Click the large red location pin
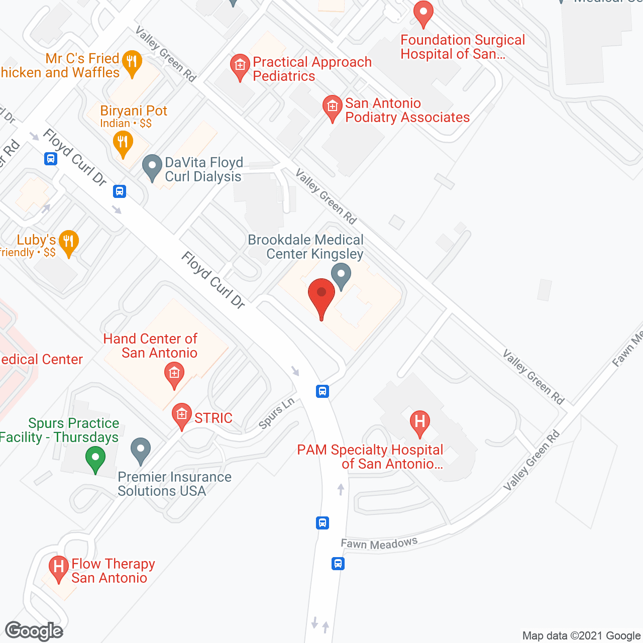pyautogui.click(x=321, y=296)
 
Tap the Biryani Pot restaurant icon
pyautogui.click(x=123, y=143)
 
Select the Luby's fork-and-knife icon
pyautogui.click(x=68, y=242)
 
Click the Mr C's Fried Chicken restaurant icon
pyautogui.click(x=132, y=63)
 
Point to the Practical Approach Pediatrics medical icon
pyautogui.click(x=240, y=66)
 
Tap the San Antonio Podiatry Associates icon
pyautogui.click(x=332, y=108)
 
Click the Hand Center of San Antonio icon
pyautogui.click(x=174, y=375)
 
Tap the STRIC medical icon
pyautogui.click(x=181, y=415)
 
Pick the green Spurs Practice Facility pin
pyautogui.click(x=95, y=459)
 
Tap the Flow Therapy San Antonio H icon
pyautogui.click(x=59, y=569)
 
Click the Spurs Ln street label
pyautogui.click(x=276, y=413)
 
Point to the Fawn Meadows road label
pyautogui.click(x=379, y=544)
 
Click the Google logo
pyautogui.click(x=34, y=631)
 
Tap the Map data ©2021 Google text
pyautogui.click(x=582, y=636)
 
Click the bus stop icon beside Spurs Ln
pyautogui.click(x=323, y=391)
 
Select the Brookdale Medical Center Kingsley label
pyautogui.click(x=306, y=247)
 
